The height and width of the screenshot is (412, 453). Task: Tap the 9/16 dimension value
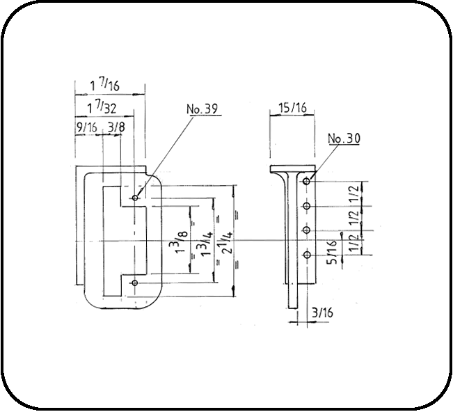click(88, 127)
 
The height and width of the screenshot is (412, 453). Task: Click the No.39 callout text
click(202, 110)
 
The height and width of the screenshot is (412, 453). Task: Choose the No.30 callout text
click(343, 138)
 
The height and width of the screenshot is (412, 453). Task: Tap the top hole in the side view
click(306, 182)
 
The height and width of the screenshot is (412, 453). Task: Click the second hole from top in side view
click(306, 207)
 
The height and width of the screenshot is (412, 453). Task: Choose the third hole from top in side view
click(306, 230)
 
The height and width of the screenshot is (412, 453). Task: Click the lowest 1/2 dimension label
click(355, 244)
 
